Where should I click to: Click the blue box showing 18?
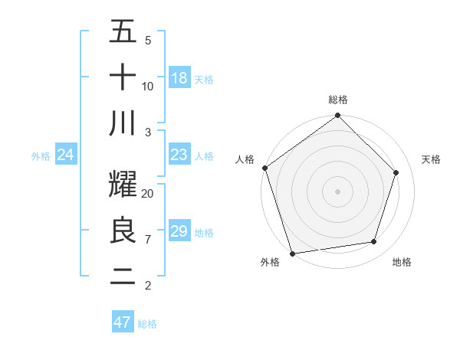(x=179, y=77)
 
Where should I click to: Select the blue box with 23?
(x=179, y=155)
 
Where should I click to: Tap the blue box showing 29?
(x=179, y=231)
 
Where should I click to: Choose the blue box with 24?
(x=66, y=155)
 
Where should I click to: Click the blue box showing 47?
(x=123, y=322)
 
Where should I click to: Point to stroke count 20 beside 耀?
(x=148, y=194)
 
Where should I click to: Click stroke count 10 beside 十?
(x=148, y=86)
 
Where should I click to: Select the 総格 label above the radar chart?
(x=338, y=100)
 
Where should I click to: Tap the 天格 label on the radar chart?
(x=432, y=159)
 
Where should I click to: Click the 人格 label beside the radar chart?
(x=245, y=159)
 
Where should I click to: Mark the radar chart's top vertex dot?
(x=338, y=116)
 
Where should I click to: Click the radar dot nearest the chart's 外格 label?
(x=293, y=253)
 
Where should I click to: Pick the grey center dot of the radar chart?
(x=338, y=191)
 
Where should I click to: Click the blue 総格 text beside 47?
(x=147, y=324)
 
